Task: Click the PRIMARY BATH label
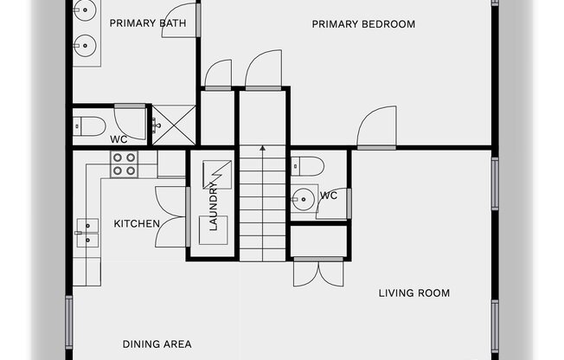(x=148, y=23)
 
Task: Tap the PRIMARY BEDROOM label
(x=363, y=24)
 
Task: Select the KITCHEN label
(x=137, y=223)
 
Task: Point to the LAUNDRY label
(x=214, y=206)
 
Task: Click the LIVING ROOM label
(x=414, y=293)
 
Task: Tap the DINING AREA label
(x=157, y=344)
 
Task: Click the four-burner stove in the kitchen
(x=124, y=164)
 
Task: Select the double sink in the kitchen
(x=87, y=233)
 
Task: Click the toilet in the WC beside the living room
(x=308, y=166)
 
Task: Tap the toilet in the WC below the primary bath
(x=89, y=126)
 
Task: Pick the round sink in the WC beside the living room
(x=304, y=199)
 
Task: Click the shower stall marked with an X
(x=174, y=125)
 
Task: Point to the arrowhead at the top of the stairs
(x=263, y=148)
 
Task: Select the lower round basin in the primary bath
(x=86, y=46)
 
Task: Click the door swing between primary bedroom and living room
(x=376, y=127)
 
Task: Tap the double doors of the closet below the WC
(x=318, y=272)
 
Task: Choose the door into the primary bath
(x=181, y=21)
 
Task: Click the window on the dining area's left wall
(x=68, y=322)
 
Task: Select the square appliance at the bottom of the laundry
(x=214, y=230)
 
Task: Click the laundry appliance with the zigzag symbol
(x=217, y=175)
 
